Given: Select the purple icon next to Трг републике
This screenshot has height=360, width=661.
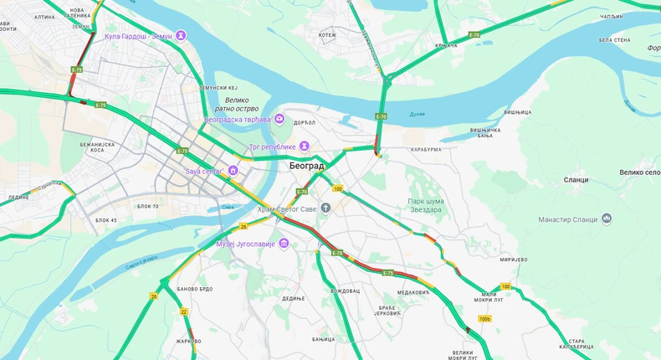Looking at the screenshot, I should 305,147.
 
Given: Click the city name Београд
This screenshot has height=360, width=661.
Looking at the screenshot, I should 305,166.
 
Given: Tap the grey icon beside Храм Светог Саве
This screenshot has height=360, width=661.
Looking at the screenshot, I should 326,208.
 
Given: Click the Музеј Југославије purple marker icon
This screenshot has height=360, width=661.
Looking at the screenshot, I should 284,243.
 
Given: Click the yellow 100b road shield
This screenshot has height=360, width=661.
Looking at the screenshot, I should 484,318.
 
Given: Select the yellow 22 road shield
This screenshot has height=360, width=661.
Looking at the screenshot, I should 183,311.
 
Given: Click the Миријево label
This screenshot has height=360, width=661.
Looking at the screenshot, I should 513,260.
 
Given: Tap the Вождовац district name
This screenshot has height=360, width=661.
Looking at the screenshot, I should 345,291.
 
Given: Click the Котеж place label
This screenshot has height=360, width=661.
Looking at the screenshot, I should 326,35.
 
